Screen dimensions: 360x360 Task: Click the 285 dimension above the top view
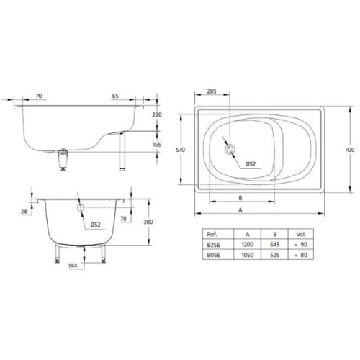point(212,92)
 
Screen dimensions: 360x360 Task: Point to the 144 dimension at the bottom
point(73,265)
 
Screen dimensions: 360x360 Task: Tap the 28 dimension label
point(24,210)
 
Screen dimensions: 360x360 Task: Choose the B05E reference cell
point(212,254)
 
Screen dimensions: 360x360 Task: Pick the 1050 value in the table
point(247,254)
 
